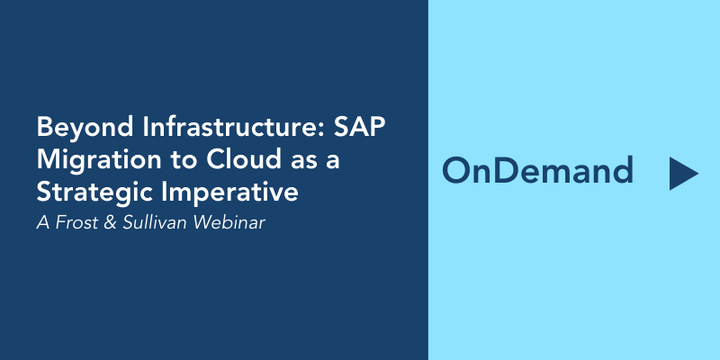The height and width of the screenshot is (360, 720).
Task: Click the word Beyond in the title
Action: [x=85, y=128]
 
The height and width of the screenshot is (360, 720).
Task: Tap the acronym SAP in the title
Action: [x=358, y=127]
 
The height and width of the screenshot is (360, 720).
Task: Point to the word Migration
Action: [x=99, y=161]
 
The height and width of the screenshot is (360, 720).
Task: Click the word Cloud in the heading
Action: [x=243, y=159]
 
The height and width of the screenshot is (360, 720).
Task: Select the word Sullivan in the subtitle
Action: [x=155, y=222]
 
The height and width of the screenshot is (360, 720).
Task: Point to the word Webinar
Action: [x=229, y=222]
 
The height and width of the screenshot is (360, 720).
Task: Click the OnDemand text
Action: [x=537, y=170]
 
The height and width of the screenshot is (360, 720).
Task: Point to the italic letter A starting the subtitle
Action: [x=43, y=222]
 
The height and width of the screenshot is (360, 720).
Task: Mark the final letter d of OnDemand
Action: [x=622, y=170]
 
